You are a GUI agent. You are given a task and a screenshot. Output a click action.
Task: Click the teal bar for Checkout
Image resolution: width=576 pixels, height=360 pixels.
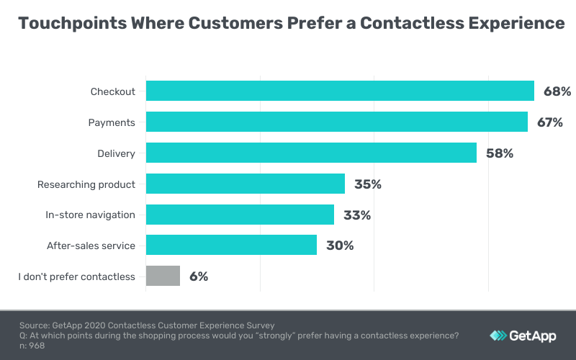340,91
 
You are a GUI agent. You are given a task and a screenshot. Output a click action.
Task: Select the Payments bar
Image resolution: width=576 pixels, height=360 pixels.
337,122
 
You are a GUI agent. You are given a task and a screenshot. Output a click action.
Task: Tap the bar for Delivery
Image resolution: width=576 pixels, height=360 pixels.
311,153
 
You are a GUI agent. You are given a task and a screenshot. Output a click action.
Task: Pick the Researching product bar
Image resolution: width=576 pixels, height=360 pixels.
246,184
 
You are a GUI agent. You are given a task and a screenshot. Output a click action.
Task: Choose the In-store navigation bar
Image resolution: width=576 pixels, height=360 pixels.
240,215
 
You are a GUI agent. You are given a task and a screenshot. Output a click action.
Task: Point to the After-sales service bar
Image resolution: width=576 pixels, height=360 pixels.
231,245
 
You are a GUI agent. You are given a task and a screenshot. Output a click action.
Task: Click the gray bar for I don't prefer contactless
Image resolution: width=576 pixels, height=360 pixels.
163,276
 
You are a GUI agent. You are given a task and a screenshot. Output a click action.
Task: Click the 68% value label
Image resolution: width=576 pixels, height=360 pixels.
557,91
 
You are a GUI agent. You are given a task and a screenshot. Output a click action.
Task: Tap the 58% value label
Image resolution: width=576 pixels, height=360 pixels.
499,153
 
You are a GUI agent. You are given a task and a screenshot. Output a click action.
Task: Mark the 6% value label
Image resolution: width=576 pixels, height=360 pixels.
199,276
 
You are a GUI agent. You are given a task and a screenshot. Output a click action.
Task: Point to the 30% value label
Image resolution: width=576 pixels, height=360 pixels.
339,245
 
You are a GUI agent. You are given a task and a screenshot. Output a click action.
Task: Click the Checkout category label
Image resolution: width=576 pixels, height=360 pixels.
113,91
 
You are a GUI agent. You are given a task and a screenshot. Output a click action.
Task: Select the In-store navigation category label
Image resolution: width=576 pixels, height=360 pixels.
90,215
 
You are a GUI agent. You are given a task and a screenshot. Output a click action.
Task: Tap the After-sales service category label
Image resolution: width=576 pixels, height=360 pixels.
91,246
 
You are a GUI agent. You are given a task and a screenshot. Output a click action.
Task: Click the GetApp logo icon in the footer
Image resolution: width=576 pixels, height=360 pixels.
498,336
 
